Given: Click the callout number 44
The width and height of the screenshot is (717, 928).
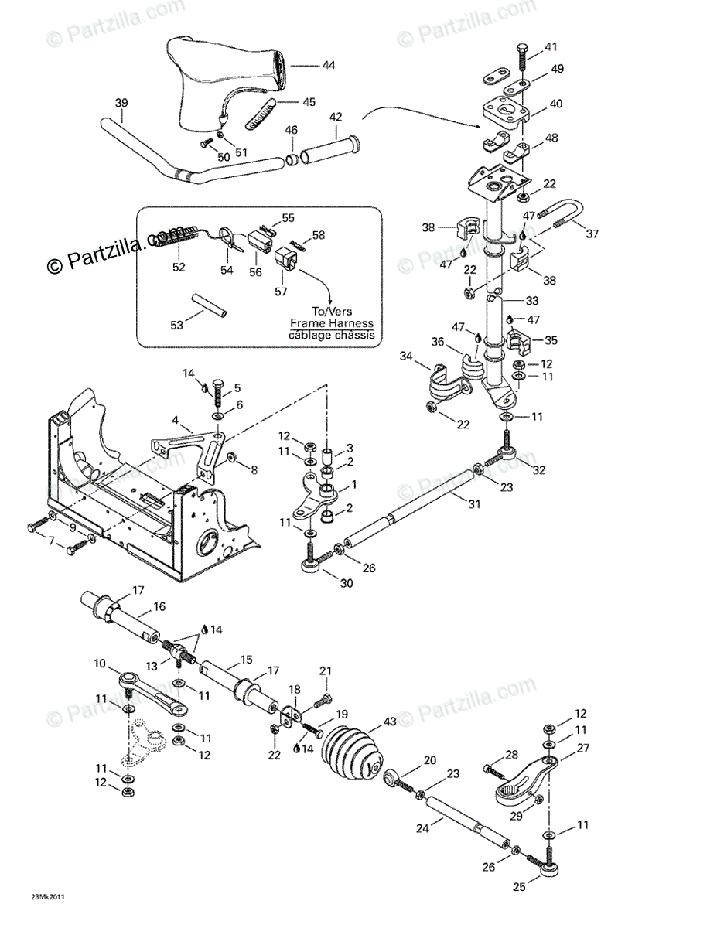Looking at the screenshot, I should [x=328, y=65].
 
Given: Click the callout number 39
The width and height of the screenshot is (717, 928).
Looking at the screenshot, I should [x=121, y=103].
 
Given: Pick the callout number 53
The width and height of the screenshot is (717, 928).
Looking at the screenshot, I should [x=177, y=326].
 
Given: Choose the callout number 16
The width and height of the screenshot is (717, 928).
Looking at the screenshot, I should [x=159, y=606].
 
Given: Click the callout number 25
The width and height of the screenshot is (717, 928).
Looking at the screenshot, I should [x=518, y=887].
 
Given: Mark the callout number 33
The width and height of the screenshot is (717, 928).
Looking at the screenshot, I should [x=532, y=301].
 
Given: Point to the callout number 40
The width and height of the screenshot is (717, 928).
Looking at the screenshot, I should [x=555, y=104].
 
